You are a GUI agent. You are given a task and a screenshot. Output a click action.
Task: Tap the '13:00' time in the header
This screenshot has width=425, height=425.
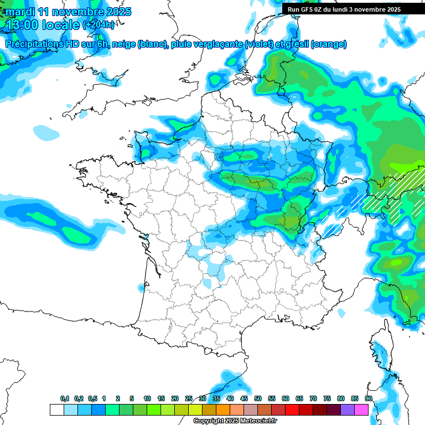(x=22, y=25)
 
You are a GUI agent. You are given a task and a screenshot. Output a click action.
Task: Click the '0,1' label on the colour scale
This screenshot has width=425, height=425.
(x=65, y=398)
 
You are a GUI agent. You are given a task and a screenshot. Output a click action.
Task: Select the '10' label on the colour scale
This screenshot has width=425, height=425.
(x=147, y=398)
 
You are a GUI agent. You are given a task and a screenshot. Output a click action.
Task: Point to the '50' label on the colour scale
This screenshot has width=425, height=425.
(x=258, y=398)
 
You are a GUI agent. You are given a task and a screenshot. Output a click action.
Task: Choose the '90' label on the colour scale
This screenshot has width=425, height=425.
(x=369, y=398)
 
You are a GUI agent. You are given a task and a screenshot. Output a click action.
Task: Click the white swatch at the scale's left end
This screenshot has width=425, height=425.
(x=56, y=410)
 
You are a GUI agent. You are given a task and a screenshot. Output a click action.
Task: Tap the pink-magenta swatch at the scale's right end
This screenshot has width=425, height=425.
(x=361, y=410)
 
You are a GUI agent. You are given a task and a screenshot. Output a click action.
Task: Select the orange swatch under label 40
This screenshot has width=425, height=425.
(x=237, y=410)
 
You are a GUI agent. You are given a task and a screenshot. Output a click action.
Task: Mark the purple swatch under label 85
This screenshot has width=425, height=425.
(x=348, y=410)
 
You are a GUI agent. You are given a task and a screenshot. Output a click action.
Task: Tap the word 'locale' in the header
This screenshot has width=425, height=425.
(x=60, y=25)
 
